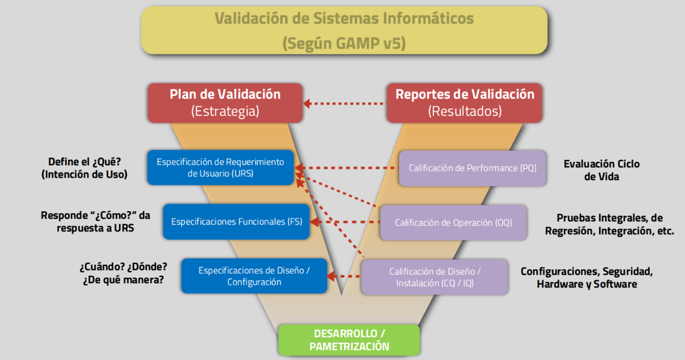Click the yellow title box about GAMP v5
[343, 30]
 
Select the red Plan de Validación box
[225, 103]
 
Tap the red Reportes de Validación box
[465, 103]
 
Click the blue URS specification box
[220, 167]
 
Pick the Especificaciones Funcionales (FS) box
[236, 222]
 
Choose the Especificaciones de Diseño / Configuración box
[254, 276]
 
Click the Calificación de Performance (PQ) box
[472, 168]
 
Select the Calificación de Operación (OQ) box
[454, 222]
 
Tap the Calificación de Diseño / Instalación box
[434, 276]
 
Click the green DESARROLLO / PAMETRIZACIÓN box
[349, 340]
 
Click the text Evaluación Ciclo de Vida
[601, 170]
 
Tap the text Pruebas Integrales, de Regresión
[609, 224]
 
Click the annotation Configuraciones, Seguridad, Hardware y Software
[586, 277]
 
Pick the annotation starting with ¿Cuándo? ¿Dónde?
[123, 274]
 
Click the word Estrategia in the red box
[225, 111]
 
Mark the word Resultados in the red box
[465, 111]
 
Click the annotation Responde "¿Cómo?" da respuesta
[95, 221]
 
